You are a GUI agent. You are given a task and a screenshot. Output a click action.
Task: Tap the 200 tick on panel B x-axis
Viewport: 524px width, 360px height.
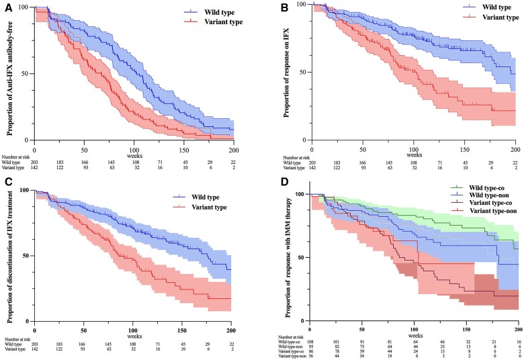(x=515, y=147)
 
